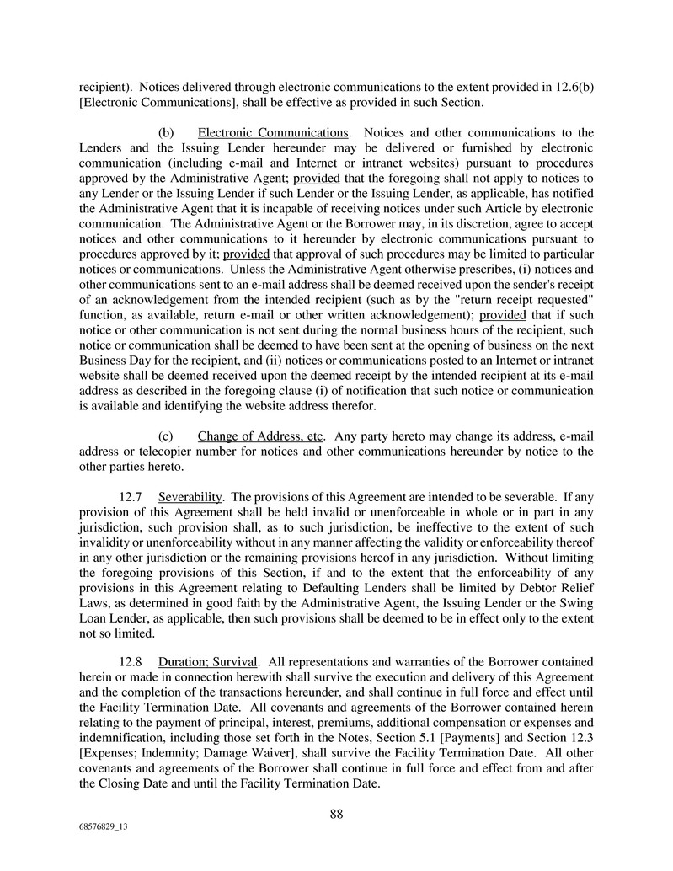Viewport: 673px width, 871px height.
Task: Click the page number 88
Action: point(336,814)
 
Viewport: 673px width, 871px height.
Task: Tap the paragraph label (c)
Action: point(167,436)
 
